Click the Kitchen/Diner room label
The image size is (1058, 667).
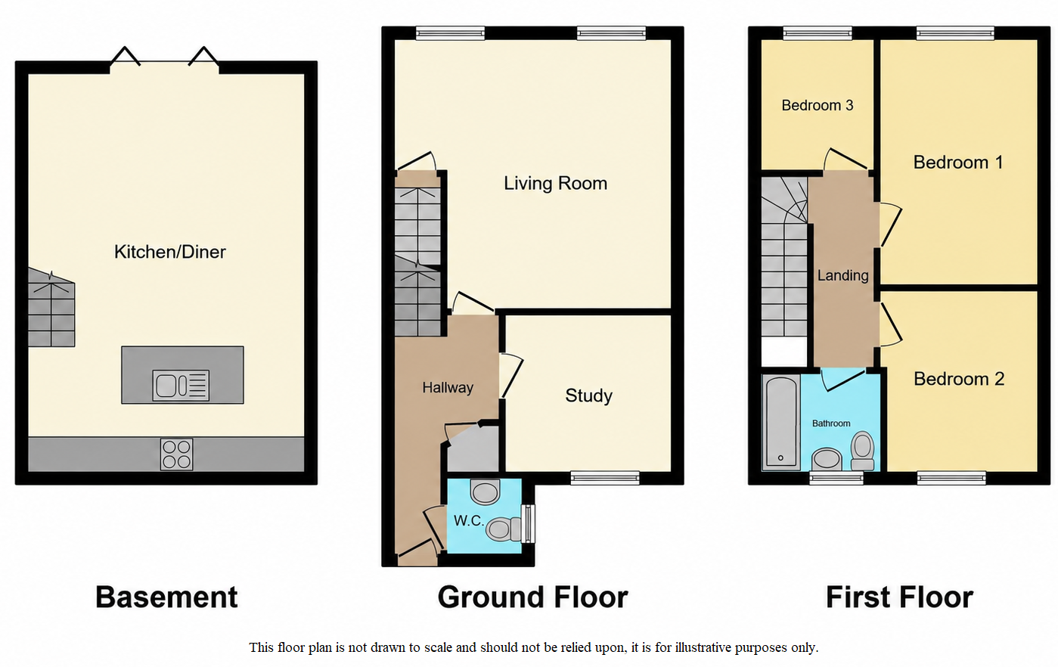[x=170, y=252]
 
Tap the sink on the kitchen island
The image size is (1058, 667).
[x=181, y=386]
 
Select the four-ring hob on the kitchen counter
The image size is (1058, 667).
[x=177, y=454]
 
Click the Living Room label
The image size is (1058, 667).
[x=555, y=183]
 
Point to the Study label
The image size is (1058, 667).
[x=588, y=396]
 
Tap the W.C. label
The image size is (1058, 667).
[x=469, y=520]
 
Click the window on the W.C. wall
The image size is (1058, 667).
[x=529, y=524]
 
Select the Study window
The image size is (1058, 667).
[x=605, y=478]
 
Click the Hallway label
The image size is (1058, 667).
[x=448, y=388]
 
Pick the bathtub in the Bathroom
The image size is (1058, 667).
[x=781, y=422]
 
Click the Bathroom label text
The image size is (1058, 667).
[x=831, y=423]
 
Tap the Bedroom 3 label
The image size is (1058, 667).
[x=818, y=105]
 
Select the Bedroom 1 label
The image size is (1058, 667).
[x=958, y=163]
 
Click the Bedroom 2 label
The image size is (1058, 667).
[x=959, y=379]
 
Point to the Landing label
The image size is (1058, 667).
[x=843, y=275]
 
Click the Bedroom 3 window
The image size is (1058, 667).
[x=818, y=33]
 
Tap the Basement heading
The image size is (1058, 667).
[x=166, y=597]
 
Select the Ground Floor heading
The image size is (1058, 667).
[x=532, y=597]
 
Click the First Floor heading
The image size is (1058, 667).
[x=899, y=597]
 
